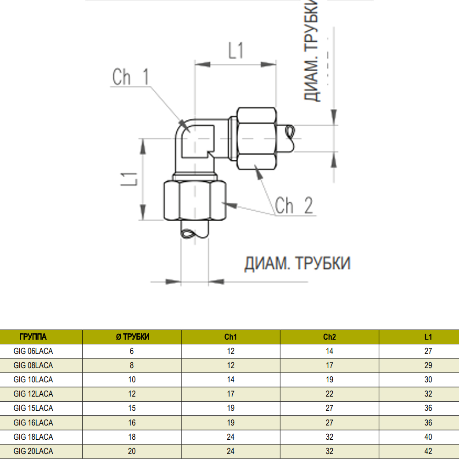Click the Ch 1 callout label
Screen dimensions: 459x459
(x=130, y=77)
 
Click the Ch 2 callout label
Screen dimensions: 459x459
(x=294, y=205)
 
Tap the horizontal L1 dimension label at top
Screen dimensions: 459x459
(x=235, y=50)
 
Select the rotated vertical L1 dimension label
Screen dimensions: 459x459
(x=129, y=179)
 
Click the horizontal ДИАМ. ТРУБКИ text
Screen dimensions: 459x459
(x=297, y=263)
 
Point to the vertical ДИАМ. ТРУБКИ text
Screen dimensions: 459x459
(x=311, y=50)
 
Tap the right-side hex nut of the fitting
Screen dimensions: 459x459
(x=257, y=139)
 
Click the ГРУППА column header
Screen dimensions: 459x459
(x=33, y=336)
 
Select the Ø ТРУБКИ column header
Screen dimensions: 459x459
(x=132, y=336)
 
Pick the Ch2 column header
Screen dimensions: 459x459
(x=329, y=336)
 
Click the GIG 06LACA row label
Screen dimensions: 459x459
(x=33, y=351)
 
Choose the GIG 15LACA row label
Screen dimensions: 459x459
(x=33, y=408)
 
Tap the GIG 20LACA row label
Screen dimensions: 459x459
(x=33, y=451)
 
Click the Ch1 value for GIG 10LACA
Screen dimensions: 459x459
(x=231, y=380)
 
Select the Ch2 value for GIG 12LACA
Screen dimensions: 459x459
(x=329, y=394)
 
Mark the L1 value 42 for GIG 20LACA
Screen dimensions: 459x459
(x=428, y=451)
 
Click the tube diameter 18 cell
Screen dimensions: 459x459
(x=132, y=437)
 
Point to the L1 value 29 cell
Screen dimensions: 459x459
(x=428, y=365)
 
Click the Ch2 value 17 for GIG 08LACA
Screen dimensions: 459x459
(x=329, y=365)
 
